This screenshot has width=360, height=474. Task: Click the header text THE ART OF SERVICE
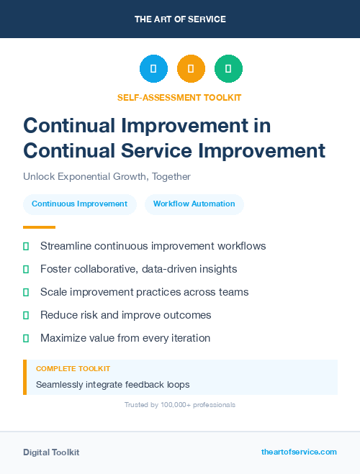point(179,19)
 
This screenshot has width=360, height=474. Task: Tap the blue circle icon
point(153,68)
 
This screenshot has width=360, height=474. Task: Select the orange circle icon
point(191,68)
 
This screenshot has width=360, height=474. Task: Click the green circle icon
point(228,68)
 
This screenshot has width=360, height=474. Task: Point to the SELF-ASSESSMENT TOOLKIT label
point(179,97)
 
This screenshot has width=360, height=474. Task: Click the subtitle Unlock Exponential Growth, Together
point(107,176)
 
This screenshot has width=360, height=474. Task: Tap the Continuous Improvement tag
point(79,204)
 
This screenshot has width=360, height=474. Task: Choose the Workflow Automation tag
point(194,204)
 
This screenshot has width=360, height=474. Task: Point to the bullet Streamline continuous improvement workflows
point(153,246)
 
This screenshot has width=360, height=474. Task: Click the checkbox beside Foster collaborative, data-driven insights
point(26,269)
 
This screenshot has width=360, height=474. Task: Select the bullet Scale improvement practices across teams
point(144,292)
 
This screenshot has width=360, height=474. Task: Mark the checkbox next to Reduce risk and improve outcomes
point(26,315)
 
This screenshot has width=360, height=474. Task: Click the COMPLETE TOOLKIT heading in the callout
point(73,368)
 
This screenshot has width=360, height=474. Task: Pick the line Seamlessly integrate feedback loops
point(112,385)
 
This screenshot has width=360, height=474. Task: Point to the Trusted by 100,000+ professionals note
point(179,405)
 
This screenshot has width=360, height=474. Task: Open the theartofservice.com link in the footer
point(299,452)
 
